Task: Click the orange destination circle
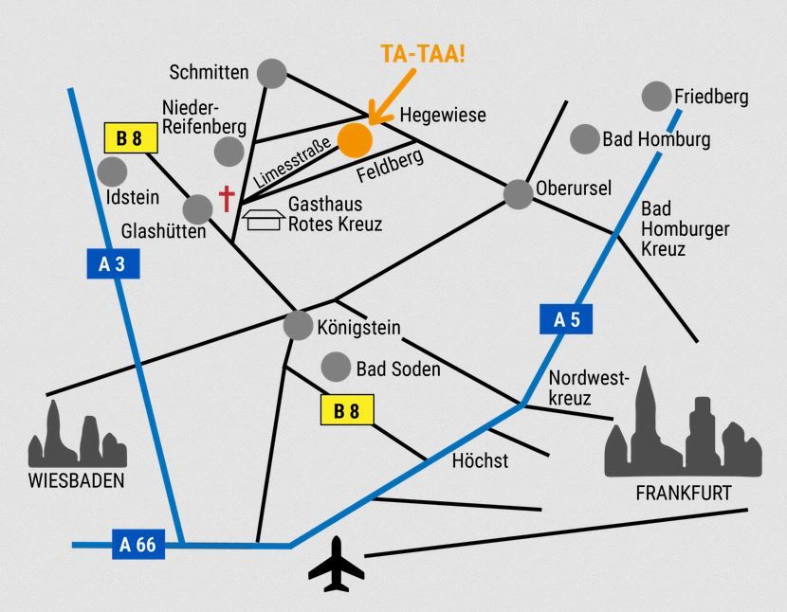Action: click(x=355, y=139)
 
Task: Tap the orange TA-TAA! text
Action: click(x=423, y=54)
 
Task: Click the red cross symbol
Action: click(x=227, y=198)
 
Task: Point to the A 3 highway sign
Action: click(x=113, y=264)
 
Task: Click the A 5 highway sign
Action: click(x=566, y=319)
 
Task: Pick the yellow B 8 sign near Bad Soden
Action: click(x=348, y=411)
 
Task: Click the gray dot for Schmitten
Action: click(x=272, y=72)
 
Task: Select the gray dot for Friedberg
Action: click(x=656, y=96)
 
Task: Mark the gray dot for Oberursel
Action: click(x=518, y=193)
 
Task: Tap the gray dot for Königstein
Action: click(x=298, y=326)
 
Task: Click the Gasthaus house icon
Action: click(x=264, y=220)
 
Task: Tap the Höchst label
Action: click(x=480, y=461)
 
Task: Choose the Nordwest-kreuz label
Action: click(x=589, y=387)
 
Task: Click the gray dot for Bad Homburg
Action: click(x=584, y=139)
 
